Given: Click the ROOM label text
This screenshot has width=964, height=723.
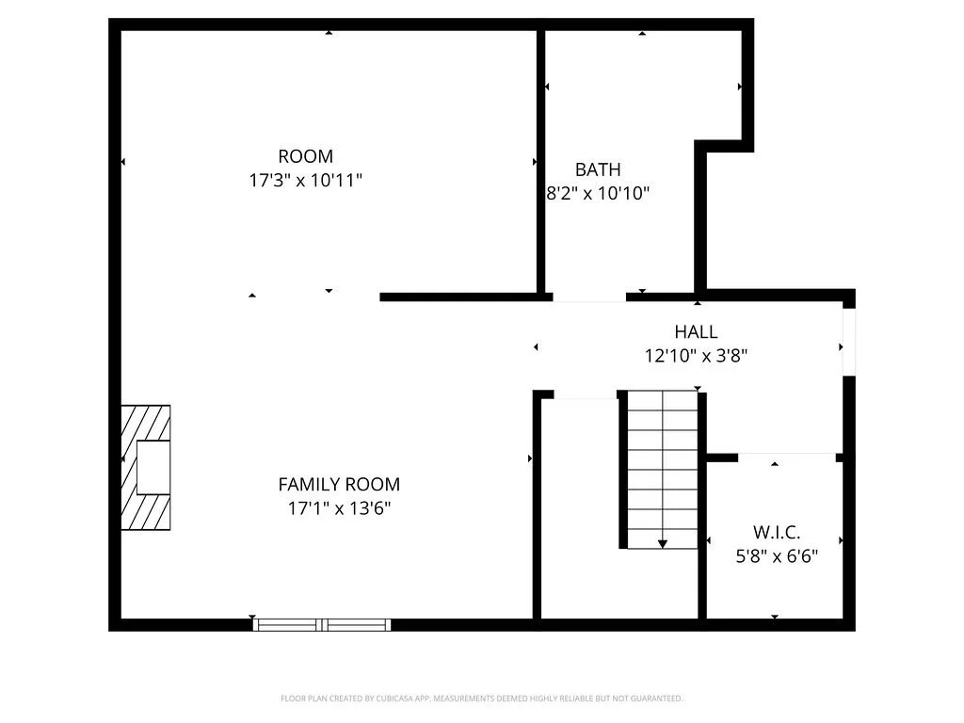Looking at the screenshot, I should [x=305, y=156].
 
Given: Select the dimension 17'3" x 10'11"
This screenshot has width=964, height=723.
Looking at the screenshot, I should [x=305, y=180].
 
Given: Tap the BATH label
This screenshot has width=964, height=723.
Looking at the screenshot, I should [x=598, y=169].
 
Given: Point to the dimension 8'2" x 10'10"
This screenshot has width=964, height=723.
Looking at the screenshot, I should [x=599, y=193].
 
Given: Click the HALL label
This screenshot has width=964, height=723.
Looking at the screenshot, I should [x=696, y=331].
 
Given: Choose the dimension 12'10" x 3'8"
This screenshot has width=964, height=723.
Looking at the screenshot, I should [x=696, y=355].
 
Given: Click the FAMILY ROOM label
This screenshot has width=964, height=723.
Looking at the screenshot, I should [x=339, y=485].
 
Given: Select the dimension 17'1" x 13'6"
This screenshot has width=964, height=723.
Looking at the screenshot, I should [x=339, y=508].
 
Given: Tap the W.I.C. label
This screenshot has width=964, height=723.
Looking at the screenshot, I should [x=777, y=532].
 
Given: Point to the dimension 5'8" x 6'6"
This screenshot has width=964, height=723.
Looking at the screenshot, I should [x=777, y=555].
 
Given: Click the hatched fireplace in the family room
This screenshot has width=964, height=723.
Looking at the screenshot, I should [x=146, y=468].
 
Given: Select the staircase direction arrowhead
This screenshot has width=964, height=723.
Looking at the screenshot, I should [x=663, y=543].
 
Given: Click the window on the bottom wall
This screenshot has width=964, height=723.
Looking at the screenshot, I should [x=323, y=624].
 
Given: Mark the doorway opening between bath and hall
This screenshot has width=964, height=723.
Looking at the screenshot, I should [x=589, y=297].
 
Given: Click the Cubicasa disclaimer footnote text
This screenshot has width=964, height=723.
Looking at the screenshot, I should [x=481, y=699].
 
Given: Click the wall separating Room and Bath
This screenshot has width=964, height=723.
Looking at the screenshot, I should [x=541, y=160].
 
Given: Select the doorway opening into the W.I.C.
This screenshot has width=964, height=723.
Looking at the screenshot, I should [x=787, y=457].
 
